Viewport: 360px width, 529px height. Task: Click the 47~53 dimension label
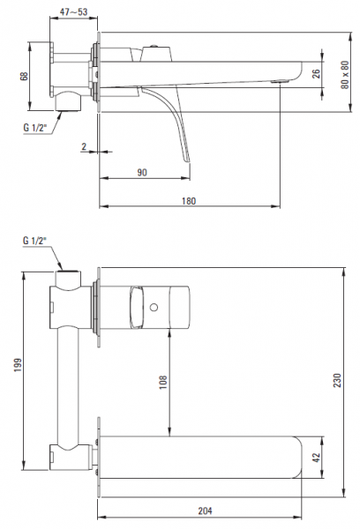(73, 11)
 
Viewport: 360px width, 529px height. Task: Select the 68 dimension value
(24, 76)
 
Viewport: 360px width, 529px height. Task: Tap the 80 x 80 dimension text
(345, 75)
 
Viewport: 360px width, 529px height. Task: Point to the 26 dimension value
(316, 73)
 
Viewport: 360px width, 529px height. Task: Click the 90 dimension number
(142, 173)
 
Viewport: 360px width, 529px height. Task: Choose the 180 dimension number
(189, 201)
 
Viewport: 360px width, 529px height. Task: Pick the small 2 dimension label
(84, 146)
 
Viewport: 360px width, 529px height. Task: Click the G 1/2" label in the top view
(34, 128)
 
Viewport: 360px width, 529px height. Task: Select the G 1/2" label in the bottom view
(34, 241)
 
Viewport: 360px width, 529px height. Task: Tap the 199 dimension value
(18, 365)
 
